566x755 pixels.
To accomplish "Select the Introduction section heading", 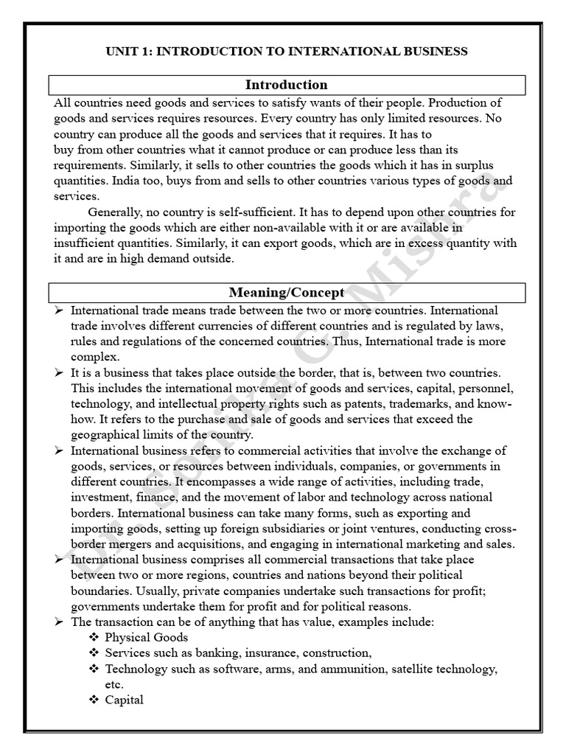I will pos(286,85).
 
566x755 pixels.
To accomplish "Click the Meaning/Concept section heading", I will pos(286,293).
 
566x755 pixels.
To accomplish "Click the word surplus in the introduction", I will pos(475,165).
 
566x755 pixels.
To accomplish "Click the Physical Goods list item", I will pos(146,637).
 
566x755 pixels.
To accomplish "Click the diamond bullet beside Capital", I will pos(94,700).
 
